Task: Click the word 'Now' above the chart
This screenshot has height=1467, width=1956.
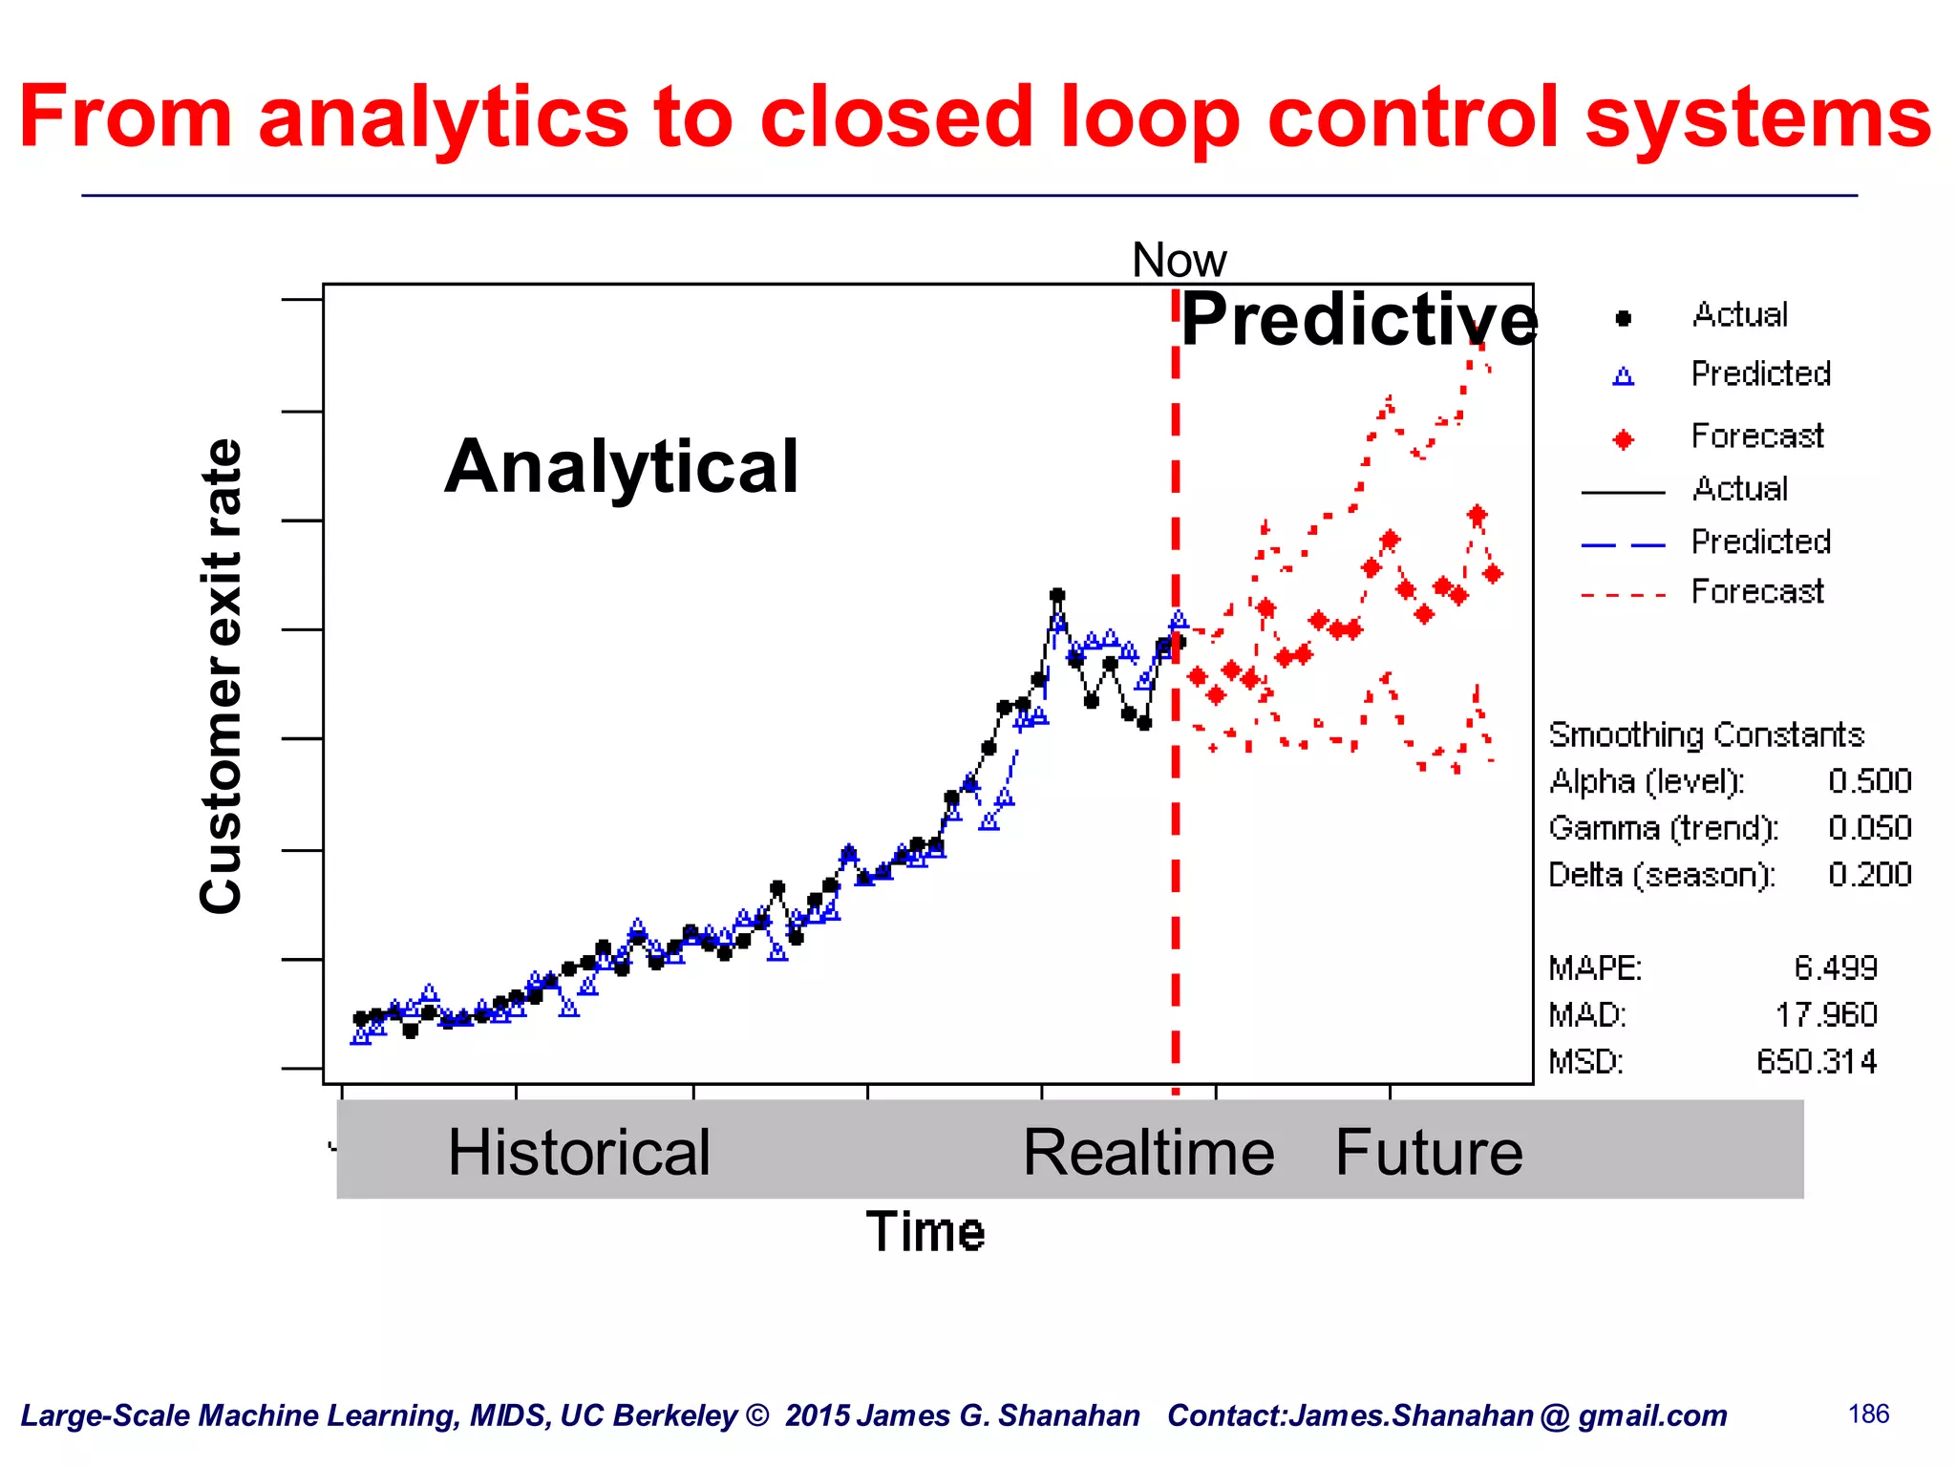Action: click(x=1179, y=260)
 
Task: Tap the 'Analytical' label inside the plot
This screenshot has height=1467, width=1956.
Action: click(x=621, y=466)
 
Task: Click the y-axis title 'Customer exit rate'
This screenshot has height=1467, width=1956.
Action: click(x=222, y=676)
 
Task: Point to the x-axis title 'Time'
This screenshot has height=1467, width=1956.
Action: click(x=925, y=1231)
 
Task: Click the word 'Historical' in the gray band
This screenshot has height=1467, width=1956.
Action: click(x=579, y=1152)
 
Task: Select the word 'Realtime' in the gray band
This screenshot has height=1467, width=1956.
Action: click(x=1148, y=1152)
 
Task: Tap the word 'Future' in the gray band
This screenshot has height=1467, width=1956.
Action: click(x=1428, y=1152)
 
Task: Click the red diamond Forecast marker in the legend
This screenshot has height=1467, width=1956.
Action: click(x=1623, y=439)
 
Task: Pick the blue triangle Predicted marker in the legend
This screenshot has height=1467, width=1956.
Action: click(x=1623, y=376)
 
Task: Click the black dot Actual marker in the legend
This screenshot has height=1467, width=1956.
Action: click(x=1623, y=318)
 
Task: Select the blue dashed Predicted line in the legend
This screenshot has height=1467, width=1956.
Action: click(x=1623, y=544)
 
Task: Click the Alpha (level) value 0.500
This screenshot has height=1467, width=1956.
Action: click(x=1869, y=781)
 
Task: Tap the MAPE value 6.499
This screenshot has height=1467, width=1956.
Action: click(x=1835, y=968)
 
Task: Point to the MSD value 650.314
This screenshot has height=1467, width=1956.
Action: click(x=1816, y=1062)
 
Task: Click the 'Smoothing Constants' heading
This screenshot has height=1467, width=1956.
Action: click(x=1706, y=734)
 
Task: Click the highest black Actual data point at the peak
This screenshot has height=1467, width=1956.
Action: click(x=1056, y=595)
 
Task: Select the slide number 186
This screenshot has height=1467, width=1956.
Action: click(x=1868, y=1414)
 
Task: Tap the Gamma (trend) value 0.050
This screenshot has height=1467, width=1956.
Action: click(x=1869, y=828)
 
